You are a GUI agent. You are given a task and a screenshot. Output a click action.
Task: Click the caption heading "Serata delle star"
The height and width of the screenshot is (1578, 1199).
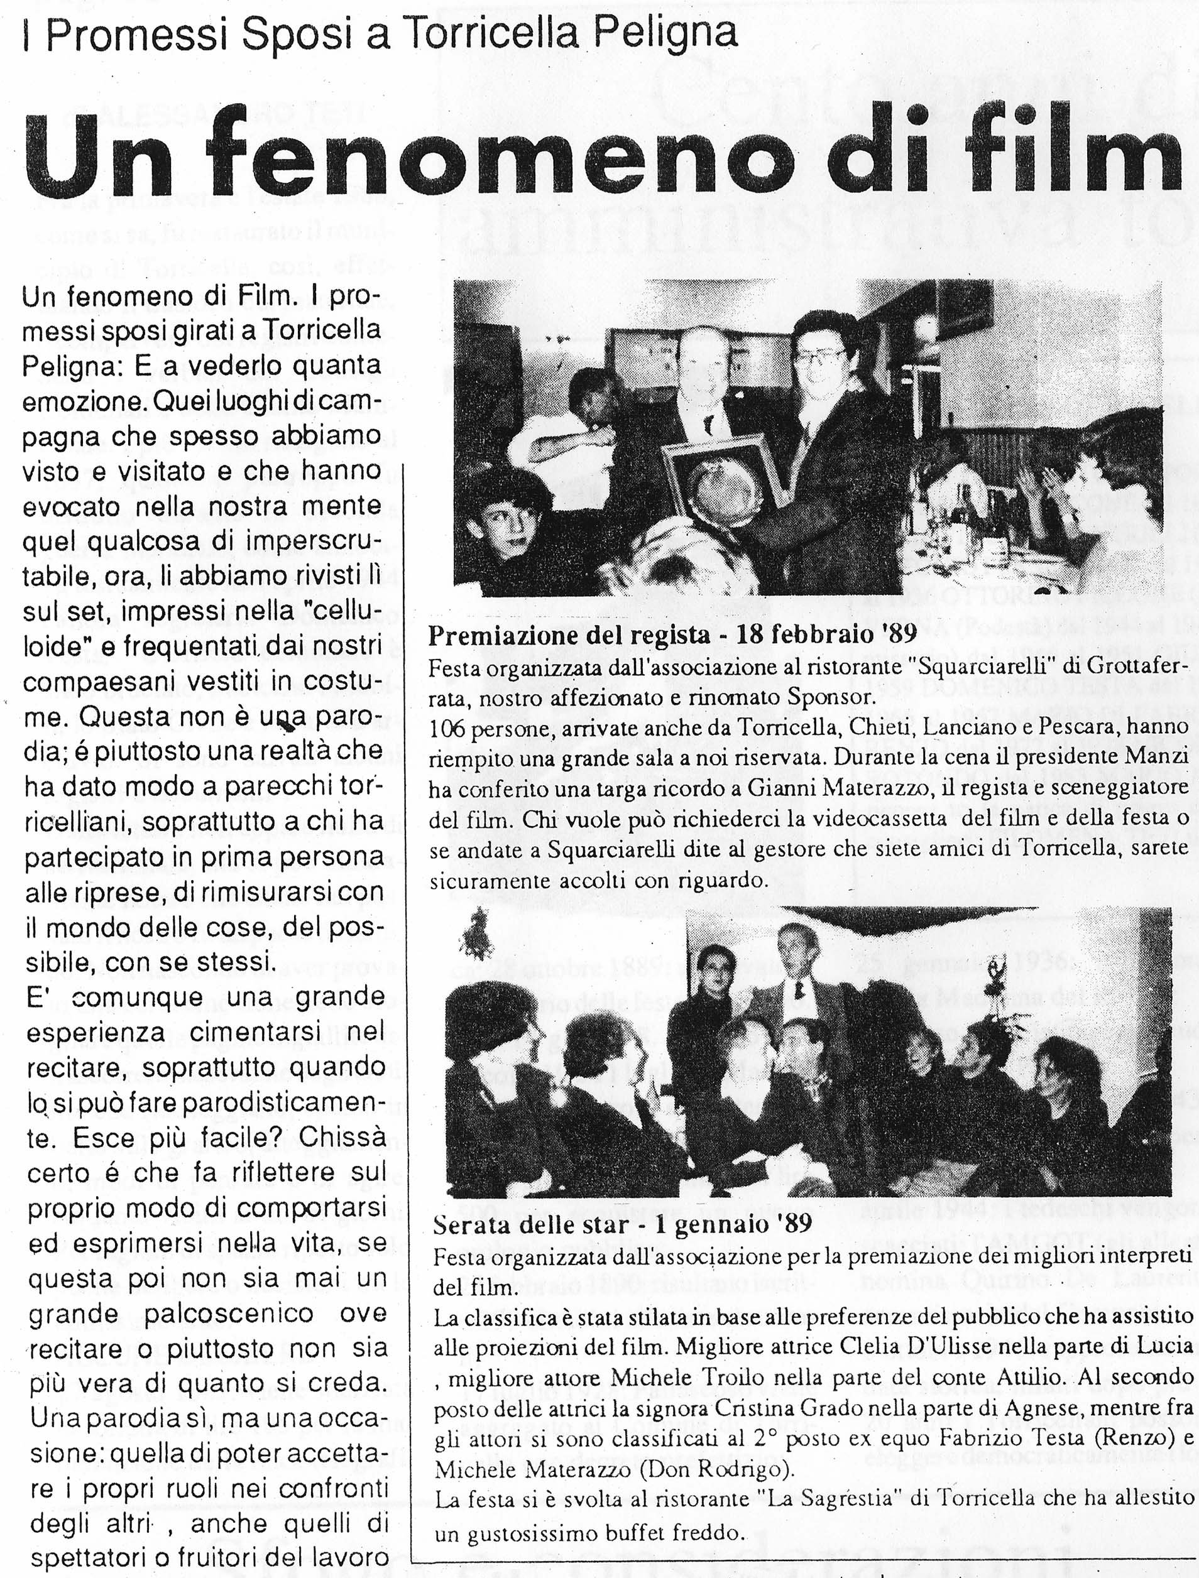pyautogui.click(x=531, y=1224)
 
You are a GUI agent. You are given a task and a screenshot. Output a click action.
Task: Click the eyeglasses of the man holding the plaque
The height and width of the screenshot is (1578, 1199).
pyautogui.click(x=819, y=357)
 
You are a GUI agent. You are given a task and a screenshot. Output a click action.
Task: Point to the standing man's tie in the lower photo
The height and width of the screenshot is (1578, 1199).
pyautogui.click(x=800, y=989)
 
